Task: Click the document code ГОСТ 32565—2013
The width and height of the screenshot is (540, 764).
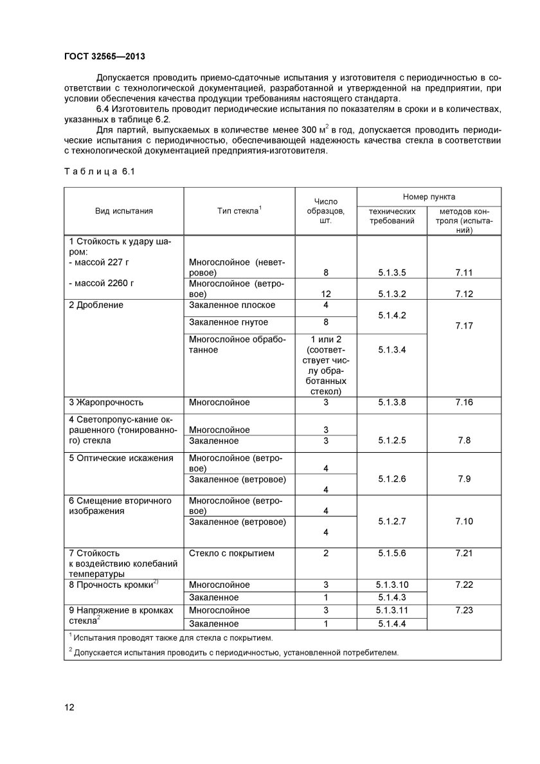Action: (109, 56)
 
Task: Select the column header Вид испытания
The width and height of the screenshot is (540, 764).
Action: (124, 211)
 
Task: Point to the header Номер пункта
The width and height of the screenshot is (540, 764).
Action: (429, 196)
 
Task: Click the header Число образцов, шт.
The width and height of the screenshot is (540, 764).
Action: (325, 211)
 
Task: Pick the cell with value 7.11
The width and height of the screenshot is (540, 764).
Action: (464, 273)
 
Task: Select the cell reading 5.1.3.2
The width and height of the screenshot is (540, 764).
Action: (392, 294)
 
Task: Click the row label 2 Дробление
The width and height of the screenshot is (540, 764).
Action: (96, 305)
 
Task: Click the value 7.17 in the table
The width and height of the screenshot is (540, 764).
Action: (464, 326)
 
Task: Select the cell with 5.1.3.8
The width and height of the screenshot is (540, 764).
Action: (392, 403)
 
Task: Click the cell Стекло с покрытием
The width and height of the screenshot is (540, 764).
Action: (231, 553)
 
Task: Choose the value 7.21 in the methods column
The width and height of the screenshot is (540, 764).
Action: (464, 553)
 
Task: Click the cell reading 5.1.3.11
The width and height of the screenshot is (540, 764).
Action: (392, 610)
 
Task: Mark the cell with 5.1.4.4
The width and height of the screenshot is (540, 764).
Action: (392, 624)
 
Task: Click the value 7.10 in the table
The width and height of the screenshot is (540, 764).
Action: (464, 521)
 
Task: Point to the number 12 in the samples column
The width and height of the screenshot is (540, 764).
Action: (326, 294)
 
